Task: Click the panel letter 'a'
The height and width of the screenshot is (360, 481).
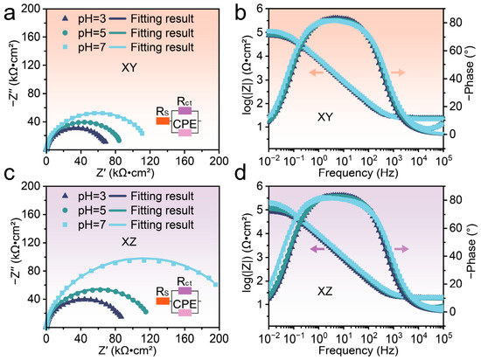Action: pyautogui.click(x=10, y=15)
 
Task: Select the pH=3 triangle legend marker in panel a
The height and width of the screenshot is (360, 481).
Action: pyautogui.click(x=65, y=18)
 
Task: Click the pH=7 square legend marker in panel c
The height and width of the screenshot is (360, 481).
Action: pyautogui.click(x=65, y=225)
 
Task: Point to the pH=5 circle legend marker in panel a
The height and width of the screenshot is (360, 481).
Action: pyautogui.click(x=65, y=33)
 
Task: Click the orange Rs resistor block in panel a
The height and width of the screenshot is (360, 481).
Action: pyautogui.click(x=163, y=121)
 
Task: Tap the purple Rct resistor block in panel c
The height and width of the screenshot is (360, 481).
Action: pyautogui.click(x=185, y=290)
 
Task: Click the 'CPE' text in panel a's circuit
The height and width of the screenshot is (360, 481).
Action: pyautogui.click(x=185, y=124)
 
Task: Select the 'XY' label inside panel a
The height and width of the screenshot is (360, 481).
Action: pyautogui.click(x=129, y=67)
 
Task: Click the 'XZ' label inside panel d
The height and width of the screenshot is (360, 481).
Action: pyautogui.click(x=324, y=291)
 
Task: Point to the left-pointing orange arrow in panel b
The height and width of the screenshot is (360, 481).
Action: pyautogui.click(x=317, y=73)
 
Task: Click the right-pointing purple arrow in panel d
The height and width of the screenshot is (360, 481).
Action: pyautogui.click(x=401, y=249)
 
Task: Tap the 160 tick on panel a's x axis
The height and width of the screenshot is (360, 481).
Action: pyautogui.click(x=185, y=161)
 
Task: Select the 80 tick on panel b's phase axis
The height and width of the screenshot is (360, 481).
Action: pyautogui.click(x=455, y=23)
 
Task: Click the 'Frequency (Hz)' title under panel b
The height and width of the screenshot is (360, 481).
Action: pyautogui.click(x=358, y=172)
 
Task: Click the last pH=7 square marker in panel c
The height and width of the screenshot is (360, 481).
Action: pyautogui.click(x=215, y=285)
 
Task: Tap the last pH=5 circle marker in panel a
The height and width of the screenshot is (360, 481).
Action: pyautogui.click(x=119, y=141)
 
